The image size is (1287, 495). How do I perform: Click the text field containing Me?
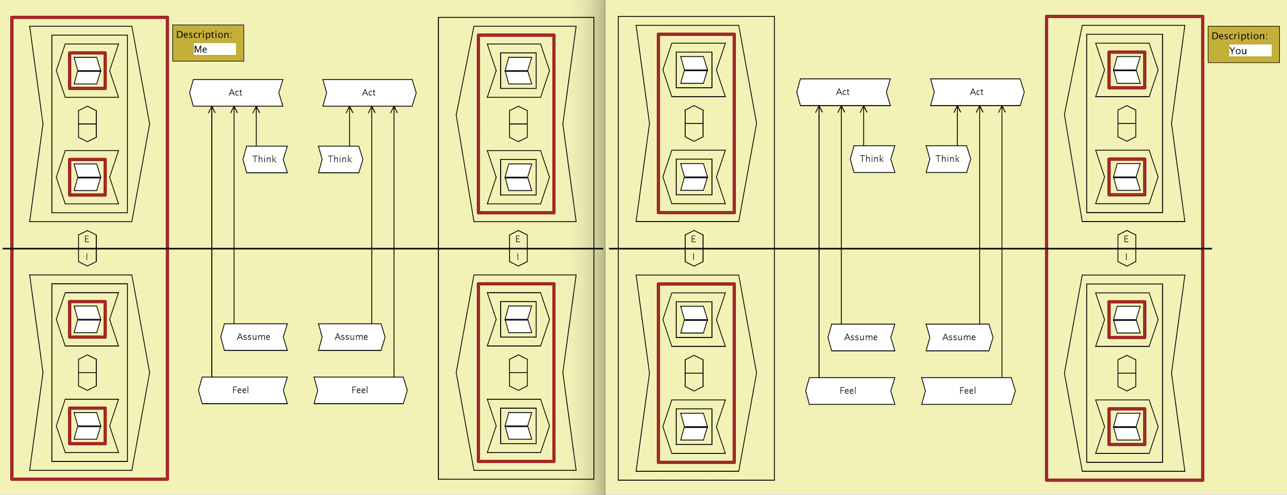214,49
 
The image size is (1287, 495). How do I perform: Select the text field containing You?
1249,51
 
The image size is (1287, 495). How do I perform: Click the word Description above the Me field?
204,34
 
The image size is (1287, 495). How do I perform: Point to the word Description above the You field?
1239,36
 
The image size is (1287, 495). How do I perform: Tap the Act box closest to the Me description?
236,92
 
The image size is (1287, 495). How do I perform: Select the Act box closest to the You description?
976,92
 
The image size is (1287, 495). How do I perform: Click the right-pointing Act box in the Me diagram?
369,92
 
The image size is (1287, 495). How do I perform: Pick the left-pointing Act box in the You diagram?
843,92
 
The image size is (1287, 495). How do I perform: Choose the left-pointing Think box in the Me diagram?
264,159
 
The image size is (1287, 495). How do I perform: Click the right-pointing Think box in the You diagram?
947,159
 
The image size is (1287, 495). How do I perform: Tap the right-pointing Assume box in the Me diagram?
351,337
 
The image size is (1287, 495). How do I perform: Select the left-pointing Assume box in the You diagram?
861,337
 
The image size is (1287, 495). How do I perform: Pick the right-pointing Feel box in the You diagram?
968,391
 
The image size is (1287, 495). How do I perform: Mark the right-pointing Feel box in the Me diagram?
360,390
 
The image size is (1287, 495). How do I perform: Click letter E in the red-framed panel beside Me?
87,239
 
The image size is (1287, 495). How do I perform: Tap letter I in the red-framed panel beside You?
1126,257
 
